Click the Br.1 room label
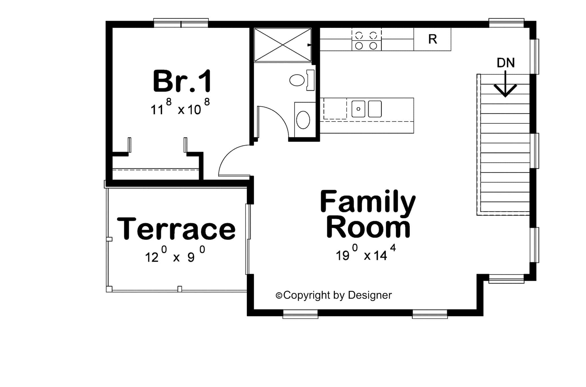click(x=182, y=81)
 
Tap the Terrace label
click(x=176, y=229)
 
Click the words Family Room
click(x=368, y=214)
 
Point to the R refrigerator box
click(x=432, y=39)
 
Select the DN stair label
click(x=506, y=63)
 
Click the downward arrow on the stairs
click(x=505, y=86)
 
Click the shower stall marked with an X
click(x=283, y=45)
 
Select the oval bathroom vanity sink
click(x=303, y=120)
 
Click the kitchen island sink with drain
click(x=358, y=109)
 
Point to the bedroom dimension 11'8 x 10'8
click(x=180, y=107)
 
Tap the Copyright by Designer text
click(x=334, y=295)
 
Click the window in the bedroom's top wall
click(x=181, y=23)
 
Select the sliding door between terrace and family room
click(x=248, y=239)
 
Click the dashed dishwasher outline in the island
click(x=335, y=109)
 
